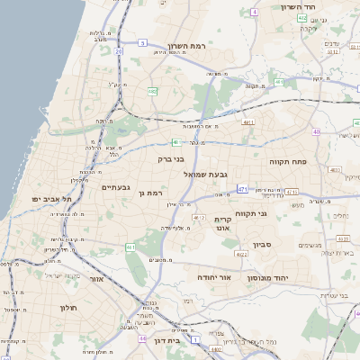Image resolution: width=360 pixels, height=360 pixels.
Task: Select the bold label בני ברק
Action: point(170,159)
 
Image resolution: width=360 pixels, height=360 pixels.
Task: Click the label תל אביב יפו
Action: point(51,198)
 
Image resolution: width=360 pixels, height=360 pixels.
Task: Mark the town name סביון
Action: point(261,243)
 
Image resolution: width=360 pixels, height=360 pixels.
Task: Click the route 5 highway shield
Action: point(142,42)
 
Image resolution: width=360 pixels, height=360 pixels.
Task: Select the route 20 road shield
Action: point(119,51)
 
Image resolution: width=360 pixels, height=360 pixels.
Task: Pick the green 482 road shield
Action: point(153,91)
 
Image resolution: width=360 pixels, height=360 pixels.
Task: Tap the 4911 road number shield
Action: point(248,121)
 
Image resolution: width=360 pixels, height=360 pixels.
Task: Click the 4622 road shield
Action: point(240,255)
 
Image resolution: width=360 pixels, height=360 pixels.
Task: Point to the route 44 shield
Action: point(143,338)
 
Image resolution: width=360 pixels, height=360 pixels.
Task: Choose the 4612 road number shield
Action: point(199,218)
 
